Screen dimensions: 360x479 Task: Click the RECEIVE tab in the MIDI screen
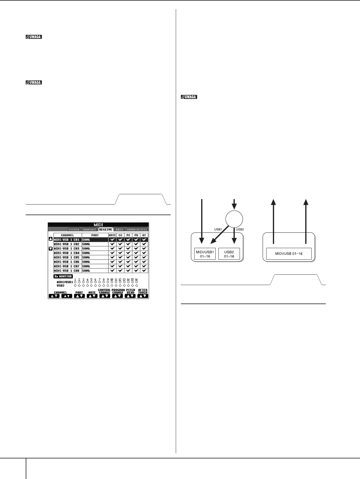[x=106, y=230]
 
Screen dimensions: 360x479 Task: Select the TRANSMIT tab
[x=89, y=230]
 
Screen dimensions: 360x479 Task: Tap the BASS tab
[x=119, y=230]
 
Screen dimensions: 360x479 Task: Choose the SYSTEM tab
[x=74, y=230]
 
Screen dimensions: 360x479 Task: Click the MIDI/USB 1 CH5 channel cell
[x=67, y=257]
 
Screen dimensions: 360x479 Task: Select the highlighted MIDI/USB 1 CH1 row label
[x=67, y=240]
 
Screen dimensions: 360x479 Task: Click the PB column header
[x=136, y=235]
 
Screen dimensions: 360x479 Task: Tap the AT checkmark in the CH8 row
[x=144, y=271]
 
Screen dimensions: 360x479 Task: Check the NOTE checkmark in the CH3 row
[x=112, y=248]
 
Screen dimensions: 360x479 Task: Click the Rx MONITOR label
[x=63, y=276]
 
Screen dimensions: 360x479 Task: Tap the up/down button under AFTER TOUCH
[x=142, y=296]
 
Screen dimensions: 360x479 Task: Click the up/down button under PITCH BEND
[x=130, y=296]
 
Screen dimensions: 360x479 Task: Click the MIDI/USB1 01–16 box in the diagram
[x=205, y=254]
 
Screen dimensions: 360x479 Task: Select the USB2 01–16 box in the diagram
[x=229, y=254]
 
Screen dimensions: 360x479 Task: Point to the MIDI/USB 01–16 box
[x=289, y=254]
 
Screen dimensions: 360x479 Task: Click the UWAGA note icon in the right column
[x=188, y=97]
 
